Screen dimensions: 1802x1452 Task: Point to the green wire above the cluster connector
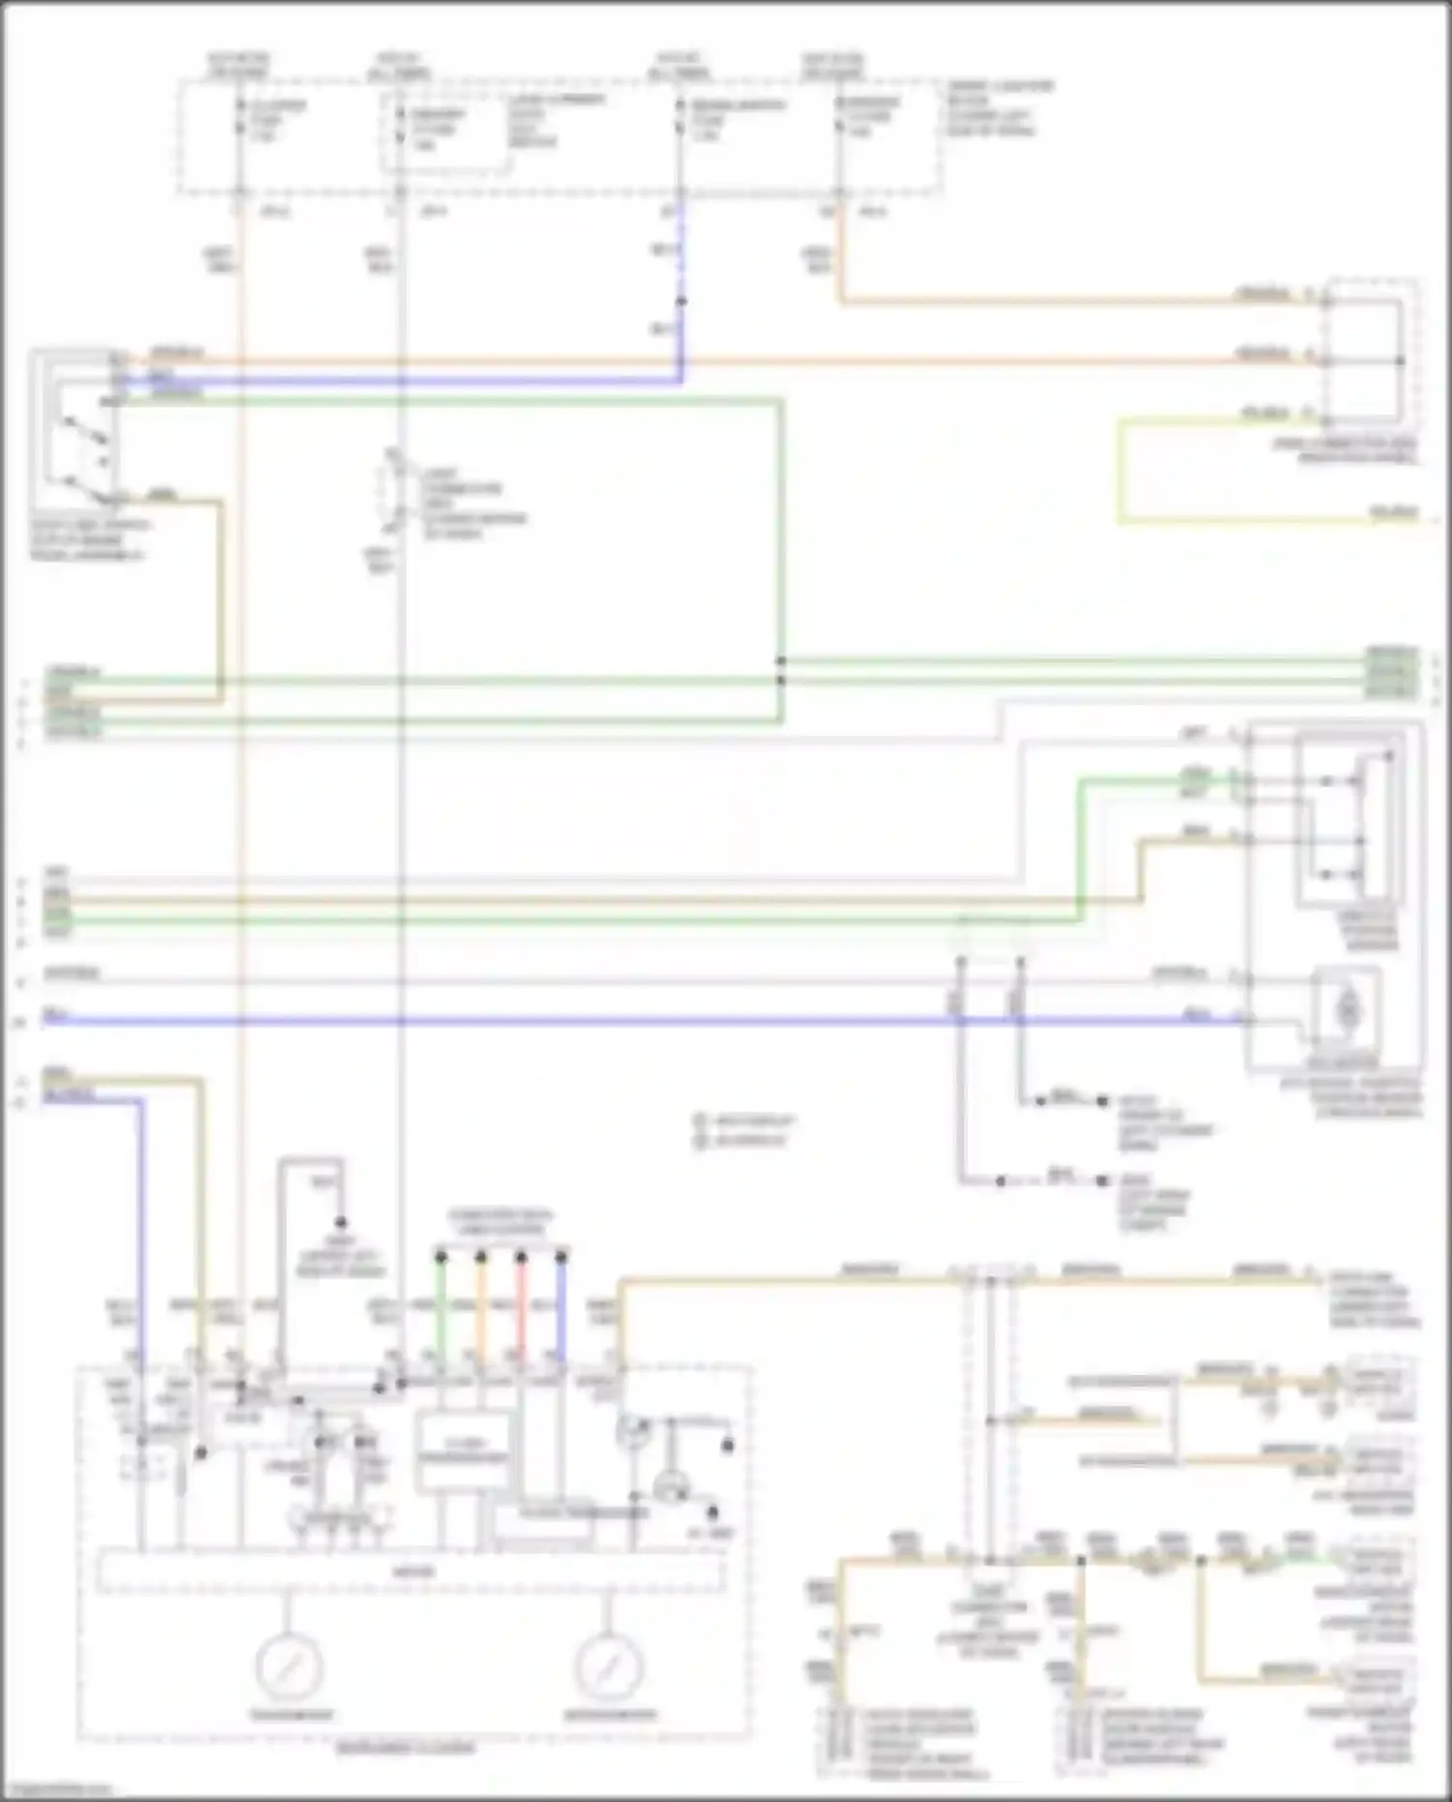(x=440, y=1307)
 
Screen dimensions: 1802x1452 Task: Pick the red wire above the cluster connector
(x=521, y=1307)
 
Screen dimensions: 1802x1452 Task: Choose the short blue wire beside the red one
(x=560, y=1307)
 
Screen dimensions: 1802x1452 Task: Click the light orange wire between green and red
(x=480, y=1307)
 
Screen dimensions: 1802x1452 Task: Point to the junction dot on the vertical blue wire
(x=681, y=301)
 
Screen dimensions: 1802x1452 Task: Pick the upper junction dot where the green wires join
(x=781, y=661)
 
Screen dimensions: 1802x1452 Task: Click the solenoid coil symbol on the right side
(x=1346, y=1011)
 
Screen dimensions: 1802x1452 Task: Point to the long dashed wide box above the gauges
(x=410, y=1573)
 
